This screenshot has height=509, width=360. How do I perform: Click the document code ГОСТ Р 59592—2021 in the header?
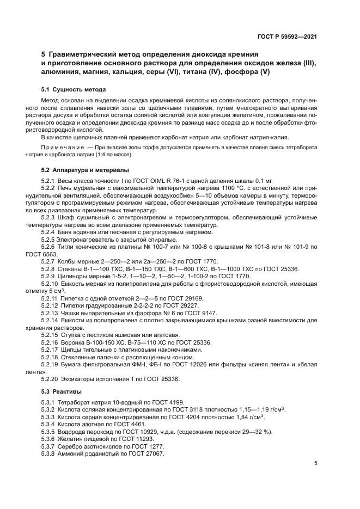288,36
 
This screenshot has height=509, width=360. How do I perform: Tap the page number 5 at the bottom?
315,463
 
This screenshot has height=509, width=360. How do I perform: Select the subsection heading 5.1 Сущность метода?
74,89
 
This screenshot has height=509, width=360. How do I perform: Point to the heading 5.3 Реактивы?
61,391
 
